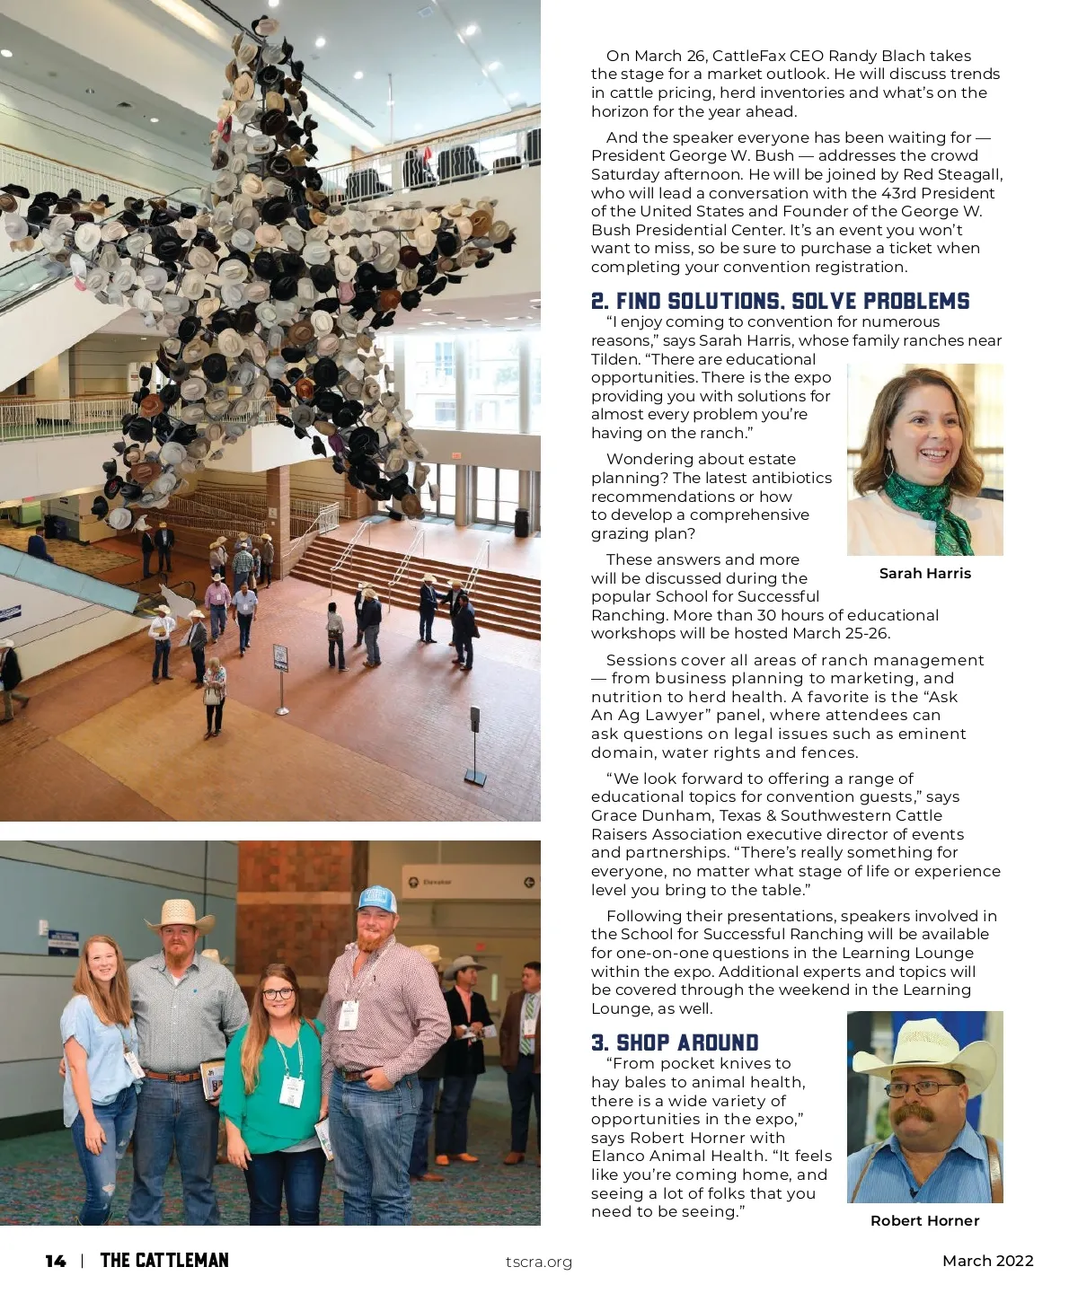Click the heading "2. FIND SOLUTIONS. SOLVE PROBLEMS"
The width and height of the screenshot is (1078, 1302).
coord(780,301)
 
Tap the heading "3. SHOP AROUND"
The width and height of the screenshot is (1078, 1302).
coord(675,1042)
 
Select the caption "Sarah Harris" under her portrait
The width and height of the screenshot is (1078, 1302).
coord(924,573)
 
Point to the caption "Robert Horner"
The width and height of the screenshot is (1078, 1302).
coord(924,1220)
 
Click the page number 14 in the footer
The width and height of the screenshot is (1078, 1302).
coord(56,1261)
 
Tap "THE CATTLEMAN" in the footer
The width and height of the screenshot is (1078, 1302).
coord(164,1261)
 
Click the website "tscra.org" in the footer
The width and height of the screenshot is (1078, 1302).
coord(538,1262)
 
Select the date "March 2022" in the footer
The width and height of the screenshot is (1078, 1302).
coord(987,1261)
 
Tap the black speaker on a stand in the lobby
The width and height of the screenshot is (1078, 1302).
coord(474,717)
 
